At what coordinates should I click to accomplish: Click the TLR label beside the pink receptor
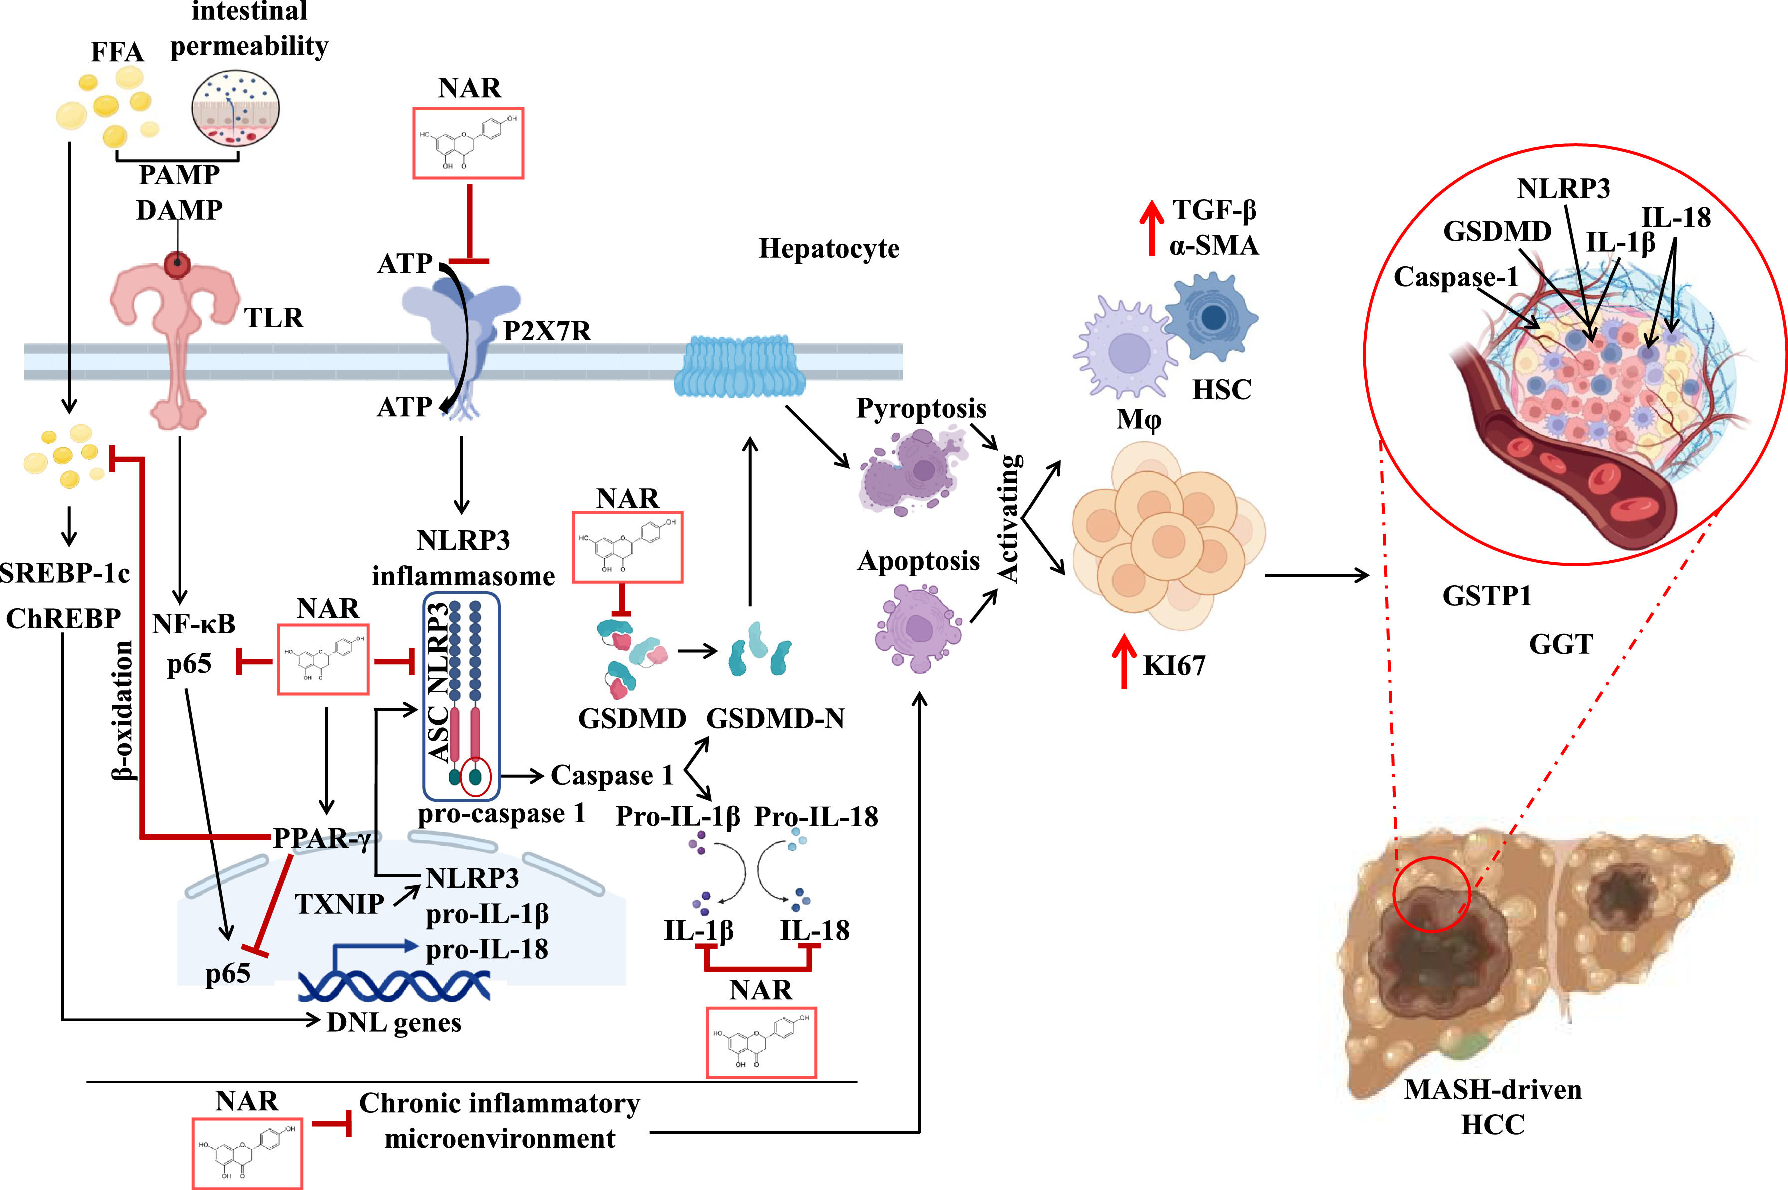tap(273, 317)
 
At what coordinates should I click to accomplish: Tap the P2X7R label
tap(546, 331)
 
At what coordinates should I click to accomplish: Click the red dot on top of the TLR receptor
tap(178, 265)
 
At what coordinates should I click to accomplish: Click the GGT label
tap(1560, 644)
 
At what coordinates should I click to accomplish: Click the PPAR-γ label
tap(322, 838)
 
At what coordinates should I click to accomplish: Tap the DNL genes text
tap(393, 1022)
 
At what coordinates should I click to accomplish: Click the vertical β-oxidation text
tap(122, 709)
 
